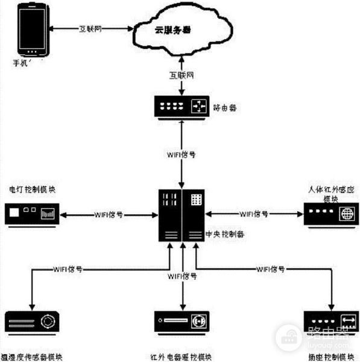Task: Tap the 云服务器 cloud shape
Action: [179, 29]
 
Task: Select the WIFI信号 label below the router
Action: [181, 154]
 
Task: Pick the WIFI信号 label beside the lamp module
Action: [109, 214]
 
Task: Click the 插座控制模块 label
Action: [329, 357]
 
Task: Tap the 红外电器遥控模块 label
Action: [182, 357]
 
